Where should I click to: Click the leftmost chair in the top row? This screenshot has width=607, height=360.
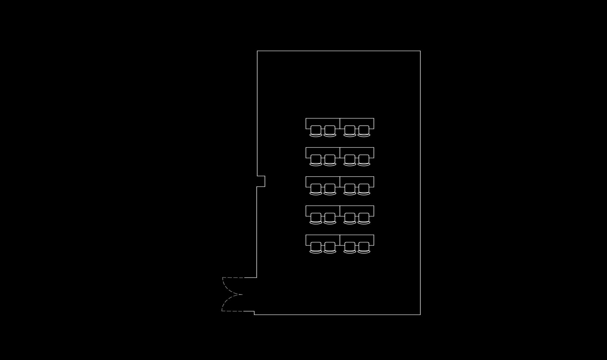click(316, 131)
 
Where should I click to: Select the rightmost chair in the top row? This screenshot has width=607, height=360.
click(364, 131)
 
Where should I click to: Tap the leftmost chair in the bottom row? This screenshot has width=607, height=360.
click(316, 247)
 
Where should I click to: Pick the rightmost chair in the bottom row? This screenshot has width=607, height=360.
click(364, 247)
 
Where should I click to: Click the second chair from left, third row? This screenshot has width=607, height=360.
click(330, 189)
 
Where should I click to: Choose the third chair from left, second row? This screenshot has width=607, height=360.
click(350, 160)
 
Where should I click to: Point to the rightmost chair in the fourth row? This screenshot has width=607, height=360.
click(364, 218)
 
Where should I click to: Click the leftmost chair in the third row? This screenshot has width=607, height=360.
click(316, 189)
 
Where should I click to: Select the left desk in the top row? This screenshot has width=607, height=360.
click(322, 122)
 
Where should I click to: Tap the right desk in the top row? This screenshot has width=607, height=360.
click(357, 122)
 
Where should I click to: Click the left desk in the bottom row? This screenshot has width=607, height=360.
click(322, 238)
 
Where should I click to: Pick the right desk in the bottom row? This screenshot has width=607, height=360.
click(357, 238)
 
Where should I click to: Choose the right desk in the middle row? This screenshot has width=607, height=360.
click(357, 180)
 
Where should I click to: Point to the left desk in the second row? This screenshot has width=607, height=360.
click(322, 151)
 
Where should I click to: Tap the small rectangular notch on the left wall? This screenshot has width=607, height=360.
click(261, 181)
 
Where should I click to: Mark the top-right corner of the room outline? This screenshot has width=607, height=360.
click(420, 51)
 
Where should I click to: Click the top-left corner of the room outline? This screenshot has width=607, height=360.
click(257, 51)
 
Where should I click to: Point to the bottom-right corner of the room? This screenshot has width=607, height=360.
click(420, 315)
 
